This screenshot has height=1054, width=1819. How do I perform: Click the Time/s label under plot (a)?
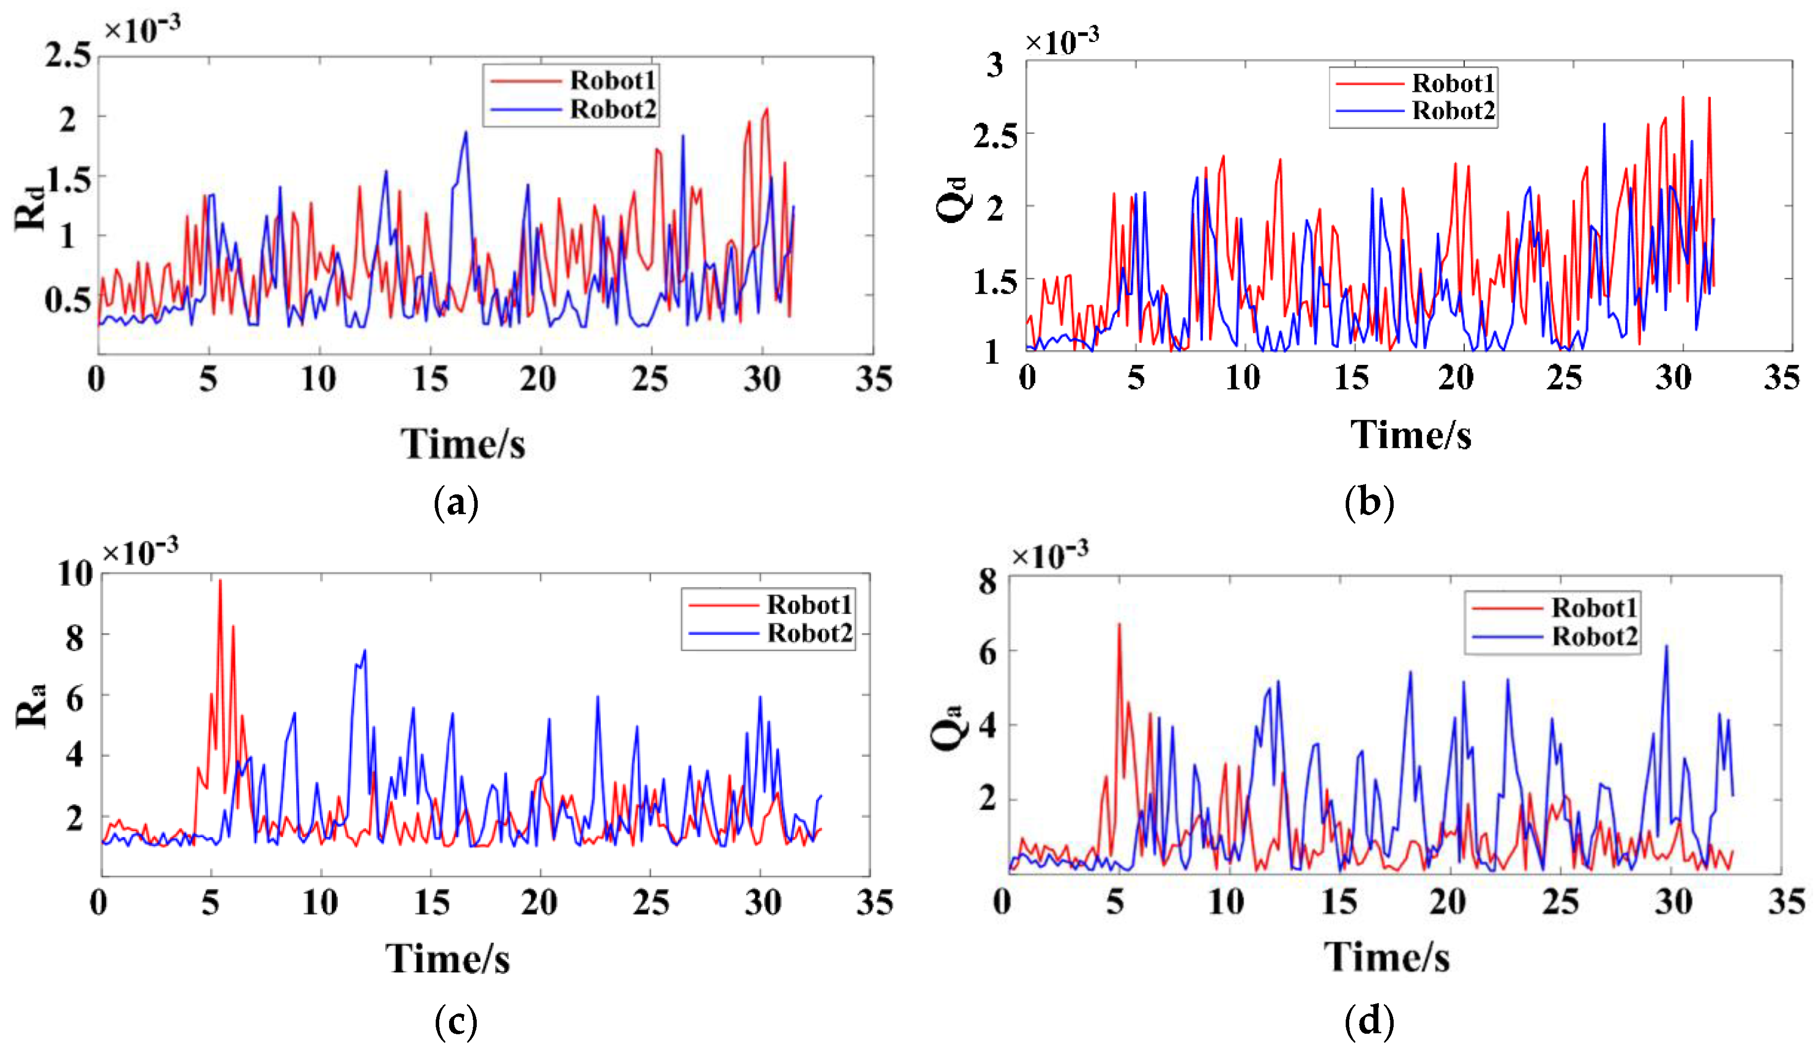click(463, 443)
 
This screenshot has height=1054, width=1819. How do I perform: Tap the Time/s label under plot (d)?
click(1386, 957)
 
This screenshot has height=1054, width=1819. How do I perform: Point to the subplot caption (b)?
click(1368, 503)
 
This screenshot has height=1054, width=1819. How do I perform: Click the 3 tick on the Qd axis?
click(995, 65)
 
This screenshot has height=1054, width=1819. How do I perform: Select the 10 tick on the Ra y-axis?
click(75, 574)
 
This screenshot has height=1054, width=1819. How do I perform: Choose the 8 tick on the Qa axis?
click(988, 581)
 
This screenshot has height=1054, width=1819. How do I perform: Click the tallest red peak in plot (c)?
click(220, 581)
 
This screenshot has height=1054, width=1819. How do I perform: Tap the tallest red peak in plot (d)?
click(1119, 625)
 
